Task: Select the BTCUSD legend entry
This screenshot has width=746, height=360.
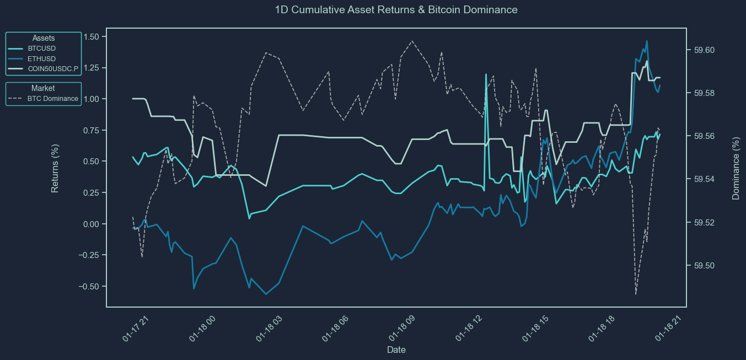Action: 41,49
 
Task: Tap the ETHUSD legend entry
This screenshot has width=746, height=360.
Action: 42,58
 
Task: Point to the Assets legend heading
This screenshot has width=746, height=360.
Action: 44,38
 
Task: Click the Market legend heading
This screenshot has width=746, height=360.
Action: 43,88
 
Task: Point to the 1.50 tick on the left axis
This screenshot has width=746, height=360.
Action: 91,36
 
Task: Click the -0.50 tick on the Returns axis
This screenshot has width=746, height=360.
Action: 89,287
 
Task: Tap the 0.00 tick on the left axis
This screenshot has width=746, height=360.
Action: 91,224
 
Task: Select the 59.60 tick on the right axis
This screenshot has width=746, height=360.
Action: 702,50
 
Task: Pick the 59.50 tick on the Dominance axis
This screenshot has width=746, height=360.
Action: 702,266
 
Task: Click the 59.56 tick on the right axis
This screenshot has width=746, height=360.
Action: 702,136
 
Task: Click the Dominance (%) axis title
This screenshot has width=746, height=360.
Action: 736,168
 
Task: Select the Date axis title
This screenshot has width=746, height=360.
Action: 396,350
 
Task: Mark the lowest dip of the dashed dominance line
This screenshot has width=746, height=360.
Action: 636,294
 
